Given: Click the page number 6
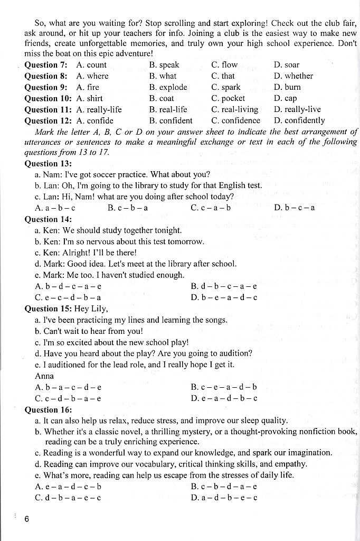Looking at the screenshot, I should point(27,519).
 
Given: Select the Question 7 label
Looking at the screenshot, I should point(46,65).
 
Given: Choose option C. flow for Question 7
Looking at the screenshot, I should point(224,65).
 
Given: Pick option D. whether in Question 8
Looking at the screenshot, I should point(293,76).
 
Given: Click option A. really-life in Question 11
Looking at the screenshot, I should point(99,110).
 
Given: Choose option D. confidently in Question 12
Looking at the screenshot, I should point(299,121).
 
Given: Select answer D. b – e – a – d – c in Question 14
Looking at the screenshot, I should point(224,297).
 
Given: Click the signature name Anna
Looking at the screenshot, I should point(44,376).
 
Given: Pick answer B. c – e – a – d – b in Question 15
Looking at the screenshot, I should point(224,387).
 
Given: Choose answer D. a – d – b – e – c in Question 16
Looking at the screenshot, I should point(224,498).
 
